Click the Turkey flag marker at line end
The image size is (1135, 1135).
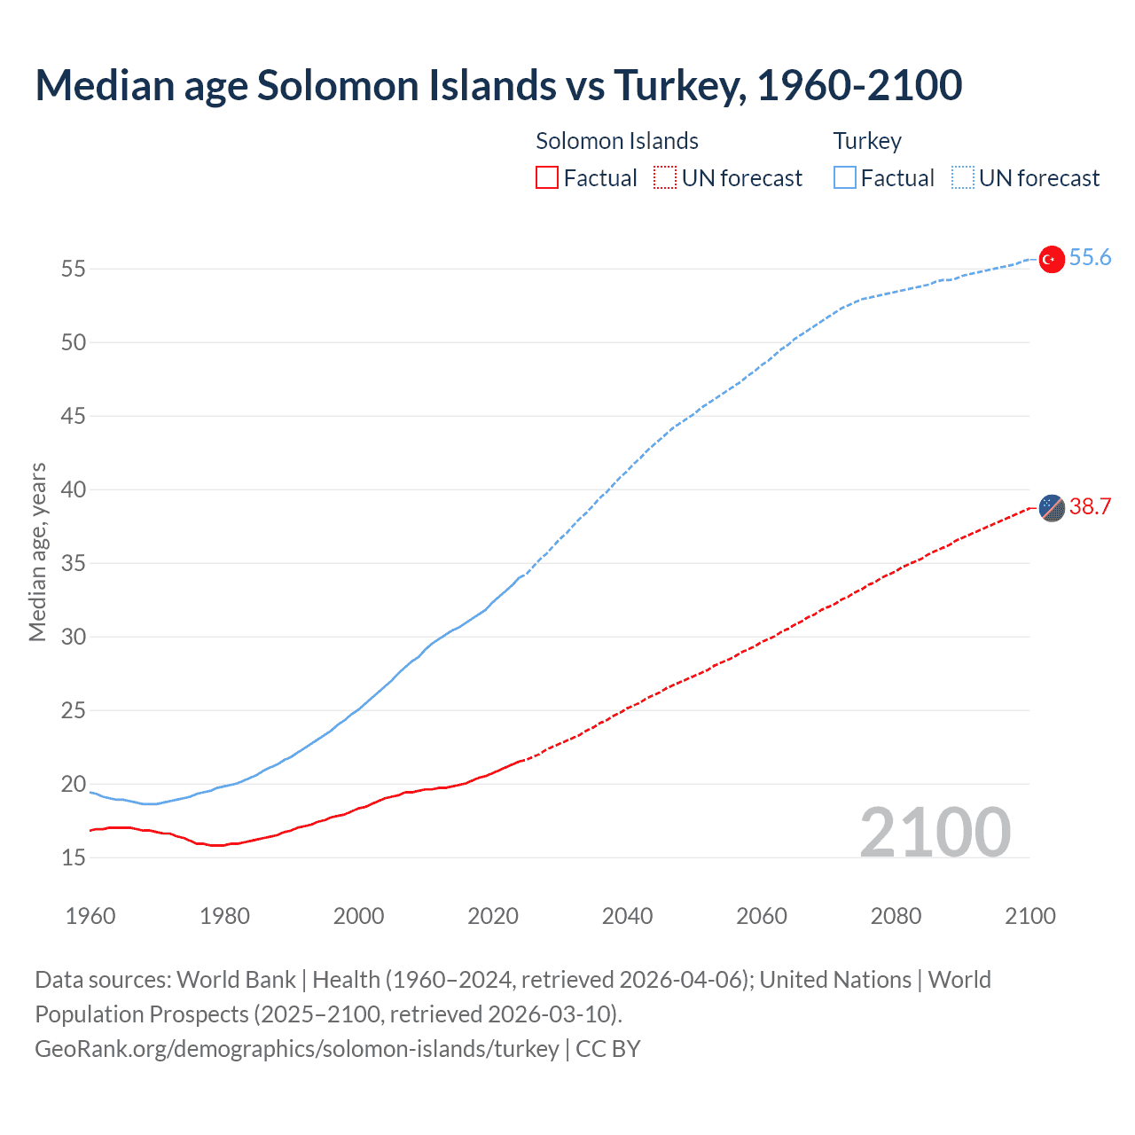[1051, 259]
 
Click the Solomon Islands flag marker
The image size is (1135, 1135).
[1051, 508]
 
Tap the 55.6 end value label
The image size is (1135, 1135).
[1090, 258]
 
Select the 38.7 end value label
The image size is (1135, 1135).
[1090, 507]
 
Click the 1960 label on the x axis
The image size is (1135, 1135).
[90, 916]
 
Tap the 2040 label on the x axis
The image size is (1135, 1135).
[627, 916]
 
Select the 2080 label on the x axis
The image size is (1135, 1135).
[896, 916]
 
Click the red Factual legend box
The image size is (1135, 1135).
[547, 178]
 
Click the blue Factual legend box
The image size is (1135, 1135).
[844, 178]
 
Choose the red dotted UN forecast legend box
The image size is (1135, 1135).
[665, 178]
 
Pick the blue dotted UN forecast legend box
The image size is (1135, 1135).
[962, 178]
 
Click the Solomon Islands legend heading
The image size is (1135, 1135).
[617, 141]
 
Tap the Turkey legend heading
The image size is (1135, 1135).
[867, 141]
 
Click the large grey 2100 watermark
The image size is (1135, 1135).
[935, 833]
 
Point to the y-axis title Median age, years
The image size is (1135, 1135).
[37, 552]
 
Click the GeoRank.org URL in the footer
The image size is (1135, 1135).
[297, 1049]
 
